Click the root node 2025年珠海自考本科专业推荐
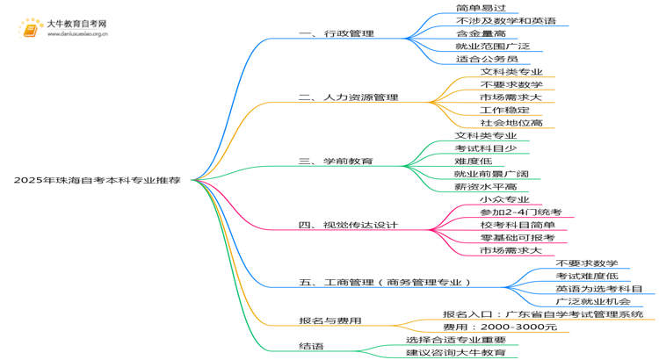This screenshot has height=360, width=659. tap(97, 180)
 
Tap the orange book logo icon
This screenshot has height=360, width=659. tap(30, 29)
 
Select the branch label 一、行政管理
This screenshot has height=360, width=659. tap(337, 33)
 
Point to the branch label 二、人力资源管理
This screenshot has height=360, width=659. tap(349, 97)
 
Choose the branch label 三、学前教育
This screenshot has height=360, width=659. tap(336, 162)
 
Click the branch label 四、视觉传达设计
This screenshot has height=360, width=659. tap(348, 225)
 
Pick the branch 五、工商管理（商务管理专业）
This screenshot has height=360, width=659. tap(385, 282)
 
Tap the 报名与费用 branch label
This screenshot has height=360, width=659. tap(330, 321)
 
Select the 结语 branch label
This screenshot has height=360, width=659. tap(311, 347)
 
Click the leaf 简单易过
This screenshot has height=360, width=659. tap(481, 8)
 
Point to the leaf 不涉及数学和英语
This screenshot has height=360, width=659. tap(506, 20)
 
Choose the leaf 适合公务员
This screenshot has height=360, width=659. tap(487, 59)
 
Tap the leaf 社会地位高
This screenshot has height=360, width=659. tap(511, 123)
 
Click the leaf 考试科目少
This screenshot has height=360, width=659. tap(486, 148)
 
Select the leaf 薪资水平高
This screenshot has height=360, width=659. tap(486, 186)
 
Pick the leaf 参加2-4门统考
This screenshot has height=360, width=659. tap(521, 212)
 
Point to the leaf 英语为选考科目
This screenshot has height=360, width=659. tap(599, 289)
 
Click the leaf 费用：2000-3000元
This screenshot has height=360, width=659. tap(500, 327)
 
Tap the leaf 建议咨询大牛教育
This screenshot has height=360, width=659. tap(456, 352)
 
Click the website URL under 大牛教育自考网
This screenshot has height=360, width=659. tap(77, 34)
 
